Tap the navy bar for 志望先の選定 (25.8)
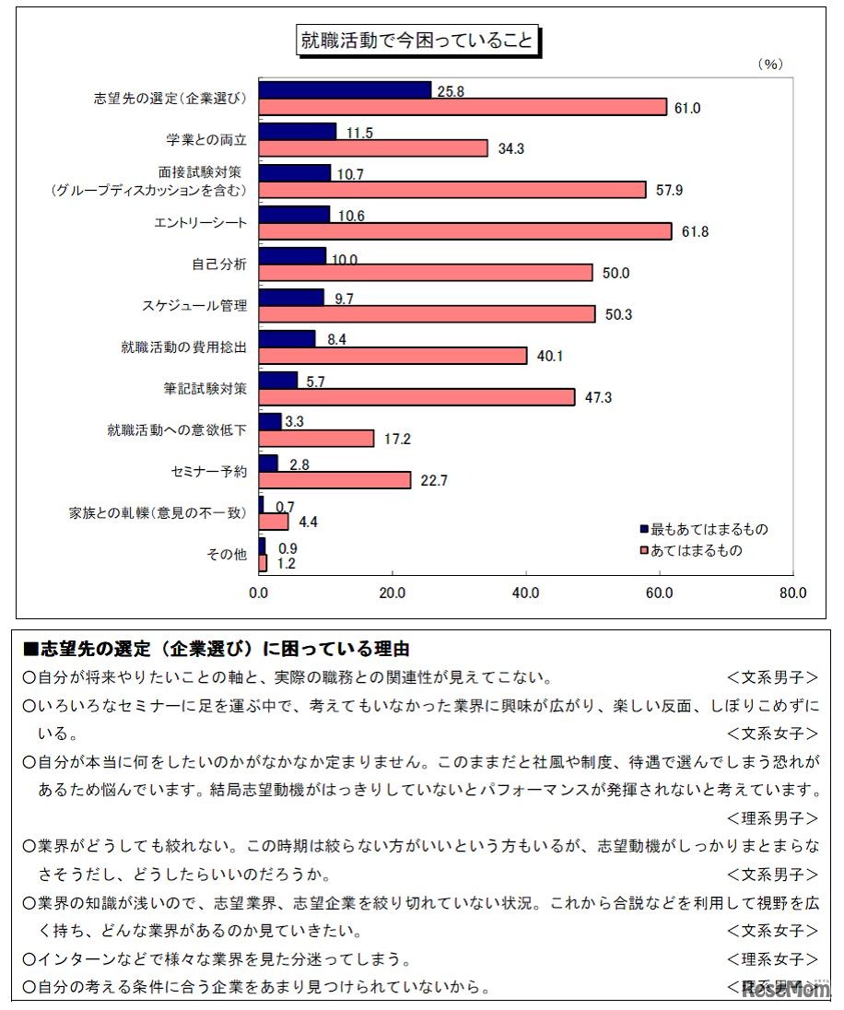pos(345,89)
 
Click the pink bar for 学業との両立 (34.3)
pos(373,148)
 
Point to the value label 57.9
pos(668,190)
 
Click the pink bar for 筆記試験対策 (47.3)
pos(416,397)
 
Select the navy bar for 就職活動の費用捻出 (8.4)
pos(287,338)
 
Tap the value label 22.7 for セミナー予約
pos(433,480)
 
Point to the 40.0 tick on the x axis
pos(525,593)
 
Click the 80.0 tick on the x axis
pos(791,593)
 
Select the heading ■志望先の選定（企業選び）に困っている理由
pos(216,649)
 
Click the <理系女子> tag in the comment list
pos(772,959)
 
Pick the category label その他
pos(228,555)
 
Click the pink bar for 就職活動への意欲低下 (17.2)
pos(316,439)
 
